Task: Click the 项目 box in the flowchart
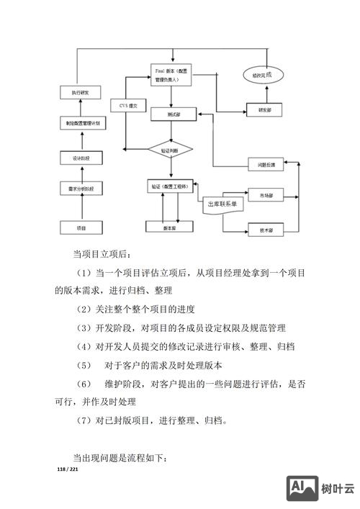point(81,228)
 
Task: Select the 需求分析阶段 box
point(81,189)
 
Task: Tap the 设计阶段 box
point(81,158)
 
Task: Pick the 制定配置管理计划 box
point(81,124)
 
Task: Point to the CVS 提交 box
point(133,106)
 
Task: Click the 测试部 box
point(174,114)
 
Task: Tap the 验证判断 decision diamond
point(170,149)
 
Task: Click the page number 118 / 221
point(68,469)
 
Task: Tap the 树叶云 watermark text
point(337,490)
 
